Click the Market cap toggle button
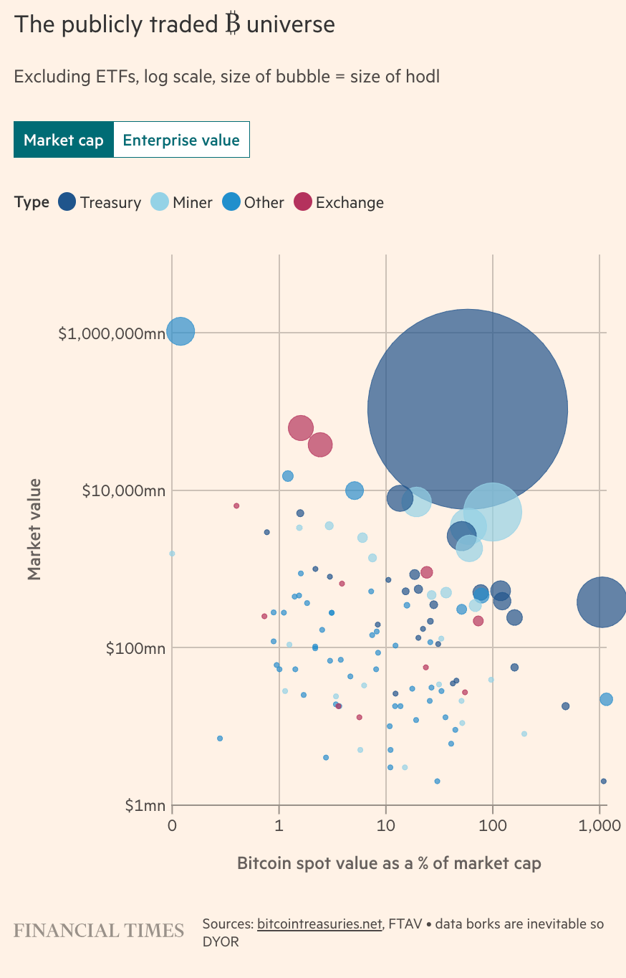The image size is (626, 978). (x=64, y=140)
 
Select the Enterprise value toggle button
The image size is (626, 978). (x=181, y=140)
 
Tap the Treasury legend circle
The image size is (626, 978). (x=67, y=202)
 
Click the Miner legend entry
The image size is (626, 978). (x=182, y=202)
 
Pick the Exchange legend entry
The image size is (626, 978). (x=340, y=202)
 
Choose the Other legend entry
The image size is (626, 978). (x=254, y=202)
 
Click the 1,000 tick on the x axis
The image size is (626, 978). (x=599, y=825)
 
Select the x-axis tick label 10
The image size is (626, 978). (x=386, y=825)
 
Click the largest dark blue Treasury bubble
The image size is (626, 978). (x=468, y=409)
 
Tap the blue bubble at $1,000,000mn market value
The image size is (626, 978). (x=180, y=332)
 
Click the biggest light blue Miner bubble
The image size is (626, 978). (x=493, y=512)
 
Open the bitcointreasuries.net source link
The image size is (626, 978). (x=319, y=924)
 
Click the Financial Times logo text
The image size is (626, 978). (x=99, y=931)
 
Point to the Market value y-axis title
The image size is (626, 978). (x=34, y=529)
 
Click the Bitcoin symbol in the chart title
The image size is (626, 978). (x=231, y=24)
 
